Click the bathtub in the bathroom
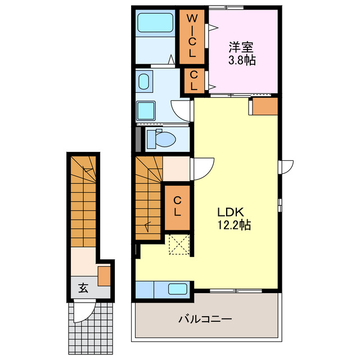155,22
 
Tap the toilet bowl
161,139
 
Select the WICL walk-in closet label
192,36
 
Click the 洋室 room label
241,47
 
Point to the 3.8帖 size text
242,60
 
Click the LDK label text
231,212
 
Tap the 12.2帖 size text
234,225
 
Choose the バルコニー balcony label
205,319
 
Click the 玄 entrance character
83,288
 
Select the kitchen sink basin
178,289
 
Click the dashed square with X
179,244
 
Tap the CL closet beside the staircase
177,208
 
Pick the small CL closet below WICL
194,81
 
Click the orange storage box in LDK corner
265,106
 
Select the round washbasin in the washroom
144,82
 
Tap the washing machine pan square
146,111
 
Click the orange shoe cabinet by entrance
104,276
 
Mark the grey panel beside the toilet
138,139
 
